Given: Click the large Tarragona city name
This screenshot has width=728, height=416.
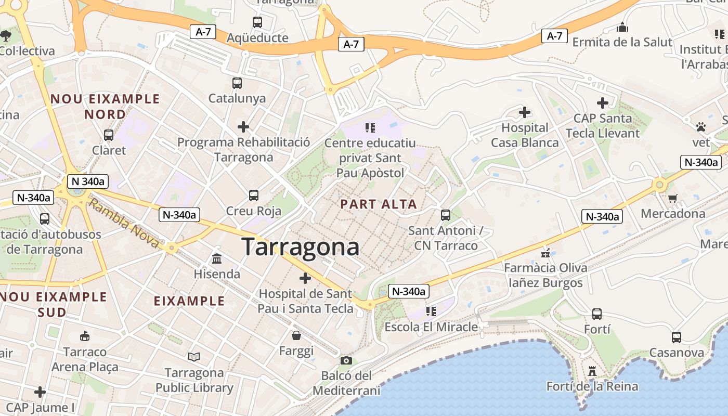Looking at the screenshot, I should pos(301,246).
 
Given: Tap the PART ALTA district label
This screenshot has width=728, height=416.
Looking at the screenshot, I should pos(379,204).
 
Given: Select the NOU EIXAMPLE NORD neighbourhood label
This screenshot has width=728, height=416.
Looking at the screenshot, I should pos(105,106).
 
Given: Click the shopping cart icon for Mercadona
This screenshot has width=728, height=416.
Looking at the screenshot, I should pos(673,198).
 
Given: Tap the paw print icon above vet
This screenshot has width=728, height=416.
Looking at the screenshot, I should pos(701,127).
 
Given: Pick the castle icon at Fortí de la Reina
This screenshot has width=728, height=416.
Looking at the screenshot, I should pos(592,371).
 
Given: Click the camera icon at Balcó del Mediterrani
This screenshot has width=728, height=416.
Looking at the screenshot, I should pos(346,360).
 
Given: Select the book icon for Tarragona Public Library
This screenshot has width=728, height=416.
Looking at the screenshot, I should pos(194,357).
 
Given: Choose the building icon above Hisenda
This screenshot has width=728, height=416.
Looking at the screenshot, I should pos(217,258).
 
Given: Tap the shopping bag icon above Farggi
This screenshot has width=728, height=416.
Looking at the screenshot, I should pos(296,335).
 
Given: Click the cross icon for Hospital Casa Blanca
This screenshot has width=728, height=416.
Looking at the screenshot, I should pos(525,112).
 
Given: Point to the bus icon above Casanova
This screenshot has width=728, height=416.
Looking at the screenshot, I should pos(677,337).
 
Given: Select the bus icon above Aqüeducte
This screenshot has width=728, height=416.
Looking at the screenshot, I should pos(257,22).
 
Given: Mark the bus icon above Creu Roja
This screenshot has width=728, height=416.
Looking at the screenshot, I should pos(254,196).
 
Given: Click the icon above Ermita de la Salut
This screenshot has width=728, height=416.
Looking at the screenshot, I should pos(622,27).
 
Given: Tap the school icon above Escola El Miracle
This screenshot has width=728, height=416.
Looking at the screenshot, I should pos(431,311).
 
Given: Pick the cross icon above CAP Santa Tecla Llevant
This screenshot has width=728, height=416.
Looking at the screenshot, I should pos(602,103).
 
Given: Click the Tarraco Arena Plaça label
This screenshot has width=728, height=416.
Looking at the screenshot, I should pos(85,359).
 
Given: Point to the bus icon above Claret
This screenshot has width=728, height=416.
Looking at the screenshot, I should pos(109,135).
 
